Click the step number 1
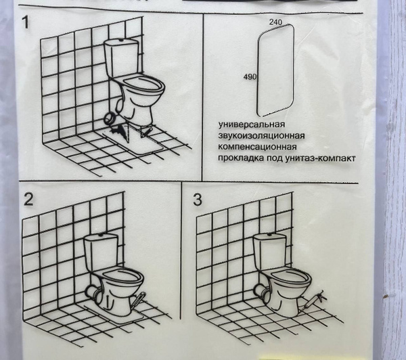pos(26,22)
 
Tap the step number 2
pos(28,200)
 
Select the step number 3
pos(198,200)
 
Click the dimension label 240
pos(275,22)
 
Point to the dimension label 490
pos(250,76)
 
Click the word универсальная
pos(252,125)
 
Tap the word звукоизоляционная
pos(261,136)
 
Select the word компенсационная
pos(257,147)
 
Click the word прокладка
pos(240,158)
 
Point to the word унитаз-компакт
pos(320,158)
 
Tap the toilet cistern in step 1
pos(122,58)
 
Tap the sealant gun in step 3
pos(313,300)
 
